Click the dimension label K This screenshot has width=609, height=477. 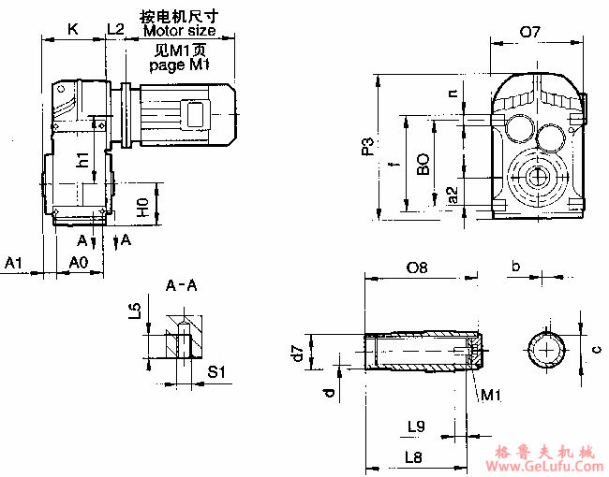(x=72, y=29)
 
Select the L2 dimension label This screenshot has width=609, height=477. (x=115, y=29)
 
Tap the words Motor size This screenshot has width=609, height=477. (x=179, y=30)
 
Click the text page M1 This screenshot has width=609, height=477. (x=179, y=65)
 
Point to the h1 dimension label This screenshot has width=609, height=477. (x=84, y=160)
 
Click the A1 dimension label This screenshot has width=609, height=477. (x=13, y=264)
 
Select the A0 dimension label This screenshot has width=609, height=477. (x=80, y=264)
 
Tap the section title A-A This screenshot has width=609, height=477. (x=181, y=285)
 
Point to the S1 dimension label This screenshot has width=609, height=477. (x=216, y=372)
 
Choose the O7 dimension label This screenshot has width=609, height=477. (x=530, y=32)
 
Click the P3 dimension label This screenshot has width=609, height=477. (x=368, y=146)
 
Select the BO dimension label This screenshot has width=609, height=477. (x=423, y=166)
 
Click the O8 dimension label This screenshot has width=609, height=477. (x=417, y=267)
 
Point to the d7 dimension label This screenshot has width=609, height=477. (x=297, y=353)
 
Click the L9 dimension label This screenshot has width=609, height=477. (x=417, y=426)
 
